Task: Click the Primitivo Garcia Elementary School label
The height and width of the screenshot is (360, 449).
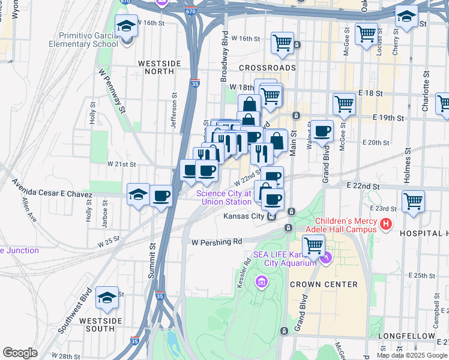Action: [89, 40]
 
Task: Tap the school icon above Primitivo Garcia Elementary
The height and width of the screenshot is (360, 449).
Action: [127, 27]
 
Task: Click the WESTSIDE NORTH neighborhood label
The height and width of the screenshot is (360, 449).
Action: [156, 67]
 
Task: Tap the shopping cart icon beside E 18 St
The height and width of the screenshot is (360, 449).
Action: [344, 104]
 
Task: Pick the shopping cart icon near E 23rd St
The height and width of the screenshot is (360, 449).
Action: [413, 202]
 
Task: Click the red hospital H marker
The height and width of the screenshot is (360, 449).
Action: [386, 225]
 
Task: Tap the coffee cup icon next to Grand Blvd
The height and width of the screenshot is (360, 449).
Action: [322, 130]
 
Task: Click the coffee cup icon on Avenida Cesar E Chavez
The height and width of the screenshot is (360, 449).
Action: [161, 196]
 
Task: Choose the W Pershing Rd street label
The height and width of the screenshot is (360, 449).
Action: [217, 241]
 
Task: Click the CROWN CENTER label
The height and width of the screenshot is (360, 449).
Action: [324, 284]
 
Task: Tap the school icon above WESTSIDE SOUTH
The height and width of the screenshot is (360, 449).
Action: [107, 297]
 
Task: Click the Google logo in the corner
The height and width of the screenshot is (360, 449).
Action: [20, 352]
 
